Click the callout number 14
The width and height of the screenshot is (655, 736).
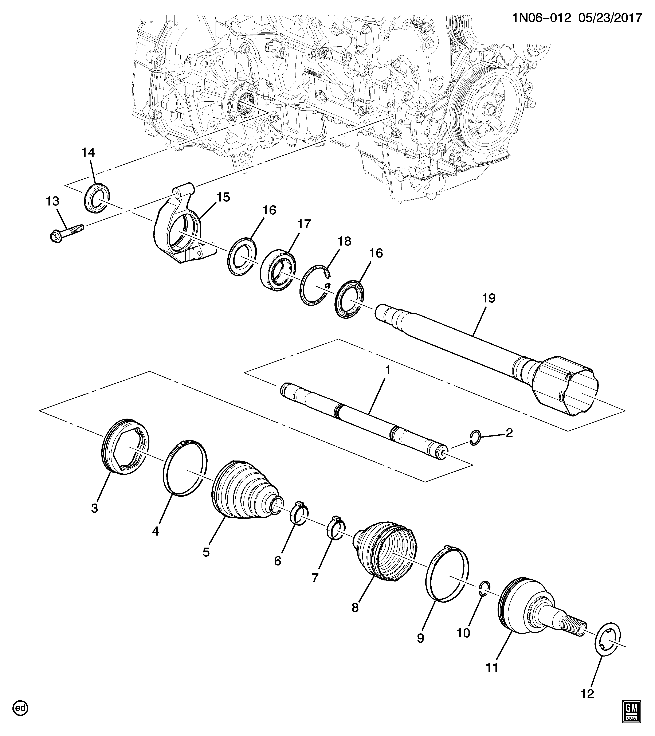(88, 152)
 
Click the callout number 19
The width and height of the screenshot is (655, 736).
(489, 298)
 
